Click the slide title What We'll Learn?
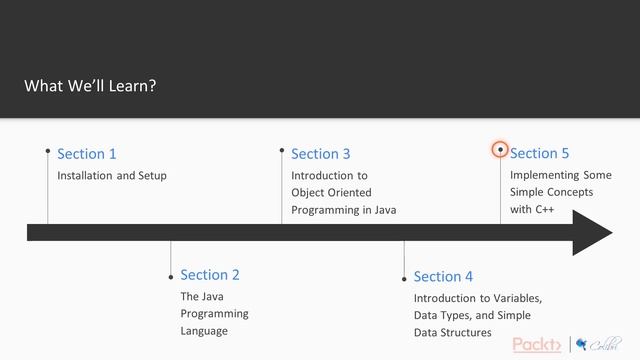coord(90,86)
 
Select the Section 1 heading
coord(87,154)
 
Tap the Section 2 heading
coord(210,275)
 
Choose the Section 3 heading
coord(321,154)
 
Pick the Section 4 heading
coord(443,276)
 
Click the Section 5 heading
coord(539,153)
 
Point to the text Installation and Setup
coord(112,176)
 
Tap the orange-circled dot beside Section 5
coord(500,150)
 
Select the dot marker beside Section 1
coord(48,151)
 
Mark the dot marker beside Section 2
coord(171,273)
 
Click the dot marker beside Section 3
coord(282,151)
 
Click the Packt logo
coord(537,345)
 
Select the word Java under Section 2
coord(213,297)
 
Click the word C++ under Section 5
coord(544,210)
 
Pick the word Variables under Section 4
coord(515,298)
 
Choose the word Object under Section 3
coord(309,193)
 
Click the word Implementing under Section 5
coord(544,175)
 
